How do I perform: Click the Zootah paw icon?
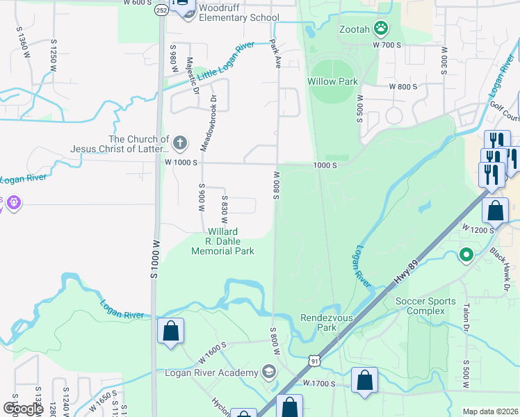point(381,28)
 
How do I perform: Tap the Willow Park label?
point(332,81)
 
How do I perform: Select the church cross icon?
point(180,144)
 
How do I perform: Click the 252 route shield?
point(161,11)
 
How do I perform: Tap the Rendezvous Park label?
point(328,322)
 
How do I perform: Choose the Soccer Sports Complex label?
point(425,306)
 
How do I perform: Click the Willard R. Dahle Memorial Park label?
point(222,241)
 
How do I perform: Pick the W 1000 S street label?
point(181,162)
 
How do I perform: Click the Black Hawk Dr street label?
point(504,268)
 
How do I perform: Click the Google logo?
point(24,409)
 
